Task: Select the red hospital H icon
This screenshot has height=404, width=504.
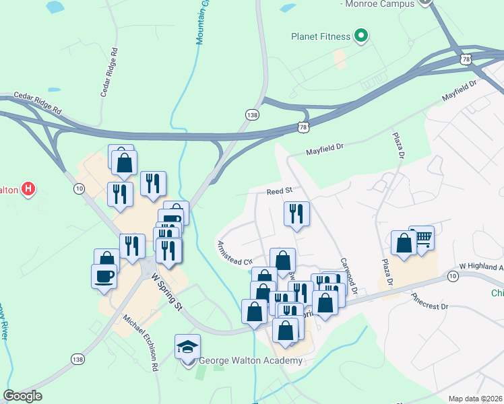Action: tap(28, 189)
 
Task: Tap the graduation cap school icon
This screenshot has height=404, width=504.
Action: tap(187, 347)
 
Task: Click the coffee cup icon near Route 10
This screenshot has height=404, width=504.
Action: tap(104, 276)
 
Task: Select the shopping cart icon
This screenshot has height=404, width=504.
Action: tap(422, 238)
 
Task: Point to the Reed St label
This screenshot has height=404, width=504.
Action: tap(278, 191)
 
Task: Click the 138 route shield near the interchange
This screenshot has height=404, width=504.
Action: tap(252, 114)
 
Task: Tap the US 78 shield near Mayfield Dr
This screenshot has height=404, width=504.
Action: tap(304, 126)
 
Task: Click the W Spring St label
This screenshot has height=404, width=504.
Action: tap(167, 292)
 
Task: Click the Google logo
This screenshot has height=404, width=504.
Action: tap(22, 396)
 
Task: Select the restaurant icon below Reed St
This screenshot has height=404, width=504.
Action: tap(296, 214)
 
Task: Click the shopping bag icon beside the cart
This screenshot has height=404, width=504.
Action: tap(404, 244)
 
